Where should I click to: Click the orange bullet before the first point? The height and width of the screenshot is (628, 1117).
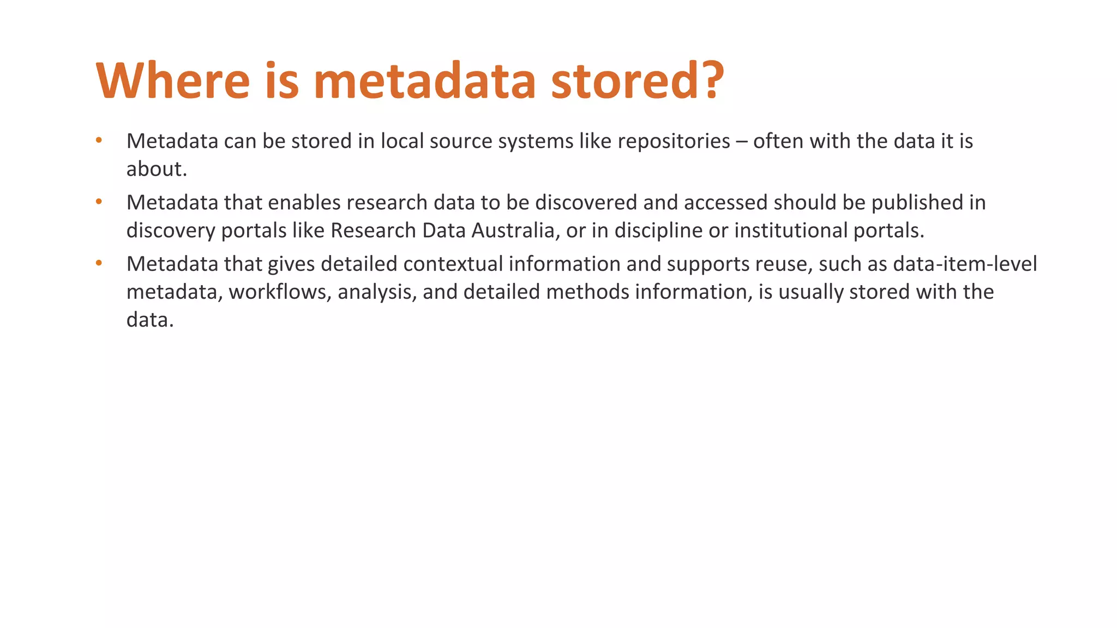click(99, 141)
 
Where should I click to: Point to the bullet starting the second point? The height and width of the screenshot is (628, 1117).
click(99, 202)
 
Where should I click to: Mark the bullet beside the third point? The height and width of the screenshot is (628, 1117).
click(99, 264)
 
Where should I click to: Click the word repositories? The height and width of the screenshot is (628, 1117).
click(674, 141)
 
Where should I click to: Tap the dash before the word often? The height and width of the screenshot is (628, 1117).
click(741, 142)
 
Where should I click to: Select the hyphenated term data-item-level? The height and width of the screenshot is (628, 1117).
click(965, 264)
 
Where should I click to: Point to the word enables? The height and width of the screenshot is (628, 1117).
click(304, 203)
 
